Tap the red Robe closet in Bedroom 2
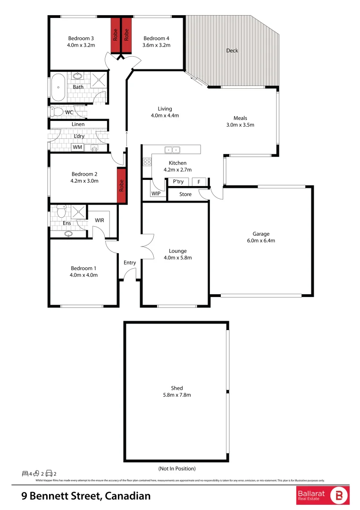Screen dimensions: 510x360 click(x=122, y=185)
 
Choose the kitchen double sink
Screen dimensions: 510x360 click(x=172, y=150)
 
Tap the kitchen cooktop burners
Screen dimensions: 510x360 click(x=146, y=161)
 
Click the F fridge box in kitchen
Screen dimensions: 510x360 click(x=199, y=182)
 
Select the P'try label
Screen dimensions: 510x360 click(x=178, y=182)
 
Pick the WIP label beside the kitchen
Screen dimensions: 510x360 click(x=156, y=194)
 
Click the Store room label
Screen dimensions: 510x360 click(x=185, y=194)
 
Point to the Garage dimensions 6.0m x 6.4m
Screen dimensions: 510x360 click(x=261, y=240)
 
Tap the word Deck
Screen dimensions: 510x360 click(x=232, y=51)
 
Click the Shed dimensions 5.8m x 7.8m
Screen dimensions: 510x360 click(x=177, y=395)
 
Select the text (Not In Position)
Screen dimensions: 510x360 click(x=176, y=468)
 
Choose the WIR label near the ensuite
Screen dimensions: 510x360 click(x=100, y=220)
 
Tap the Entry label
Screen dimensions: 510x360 click(x=130, y=263)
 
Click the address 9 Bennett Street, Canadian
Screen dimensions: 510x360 click(x=86, y=496)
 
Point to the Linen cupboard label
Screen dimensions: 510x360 click(x=78, y=124)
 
